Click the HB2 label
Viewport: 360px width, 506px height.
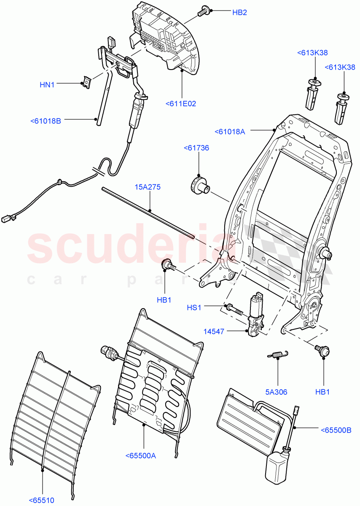point(239,13)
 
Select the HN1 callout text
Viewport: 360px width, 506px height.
point(47,84)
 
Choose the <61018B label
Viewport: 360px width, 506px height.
point(46,121)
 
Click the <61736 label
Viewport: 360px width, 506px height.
point(196,148)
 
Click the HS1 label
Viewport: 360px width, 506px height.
point(194,308)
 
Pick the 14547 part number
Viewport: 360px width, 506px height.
point(214,332)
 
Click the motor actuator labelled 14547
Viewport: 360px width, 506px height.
point(255,316)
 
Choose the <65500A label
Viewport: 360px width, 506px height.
point(140,455)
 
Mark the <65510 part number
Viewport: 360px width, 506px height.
point(42,501)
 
